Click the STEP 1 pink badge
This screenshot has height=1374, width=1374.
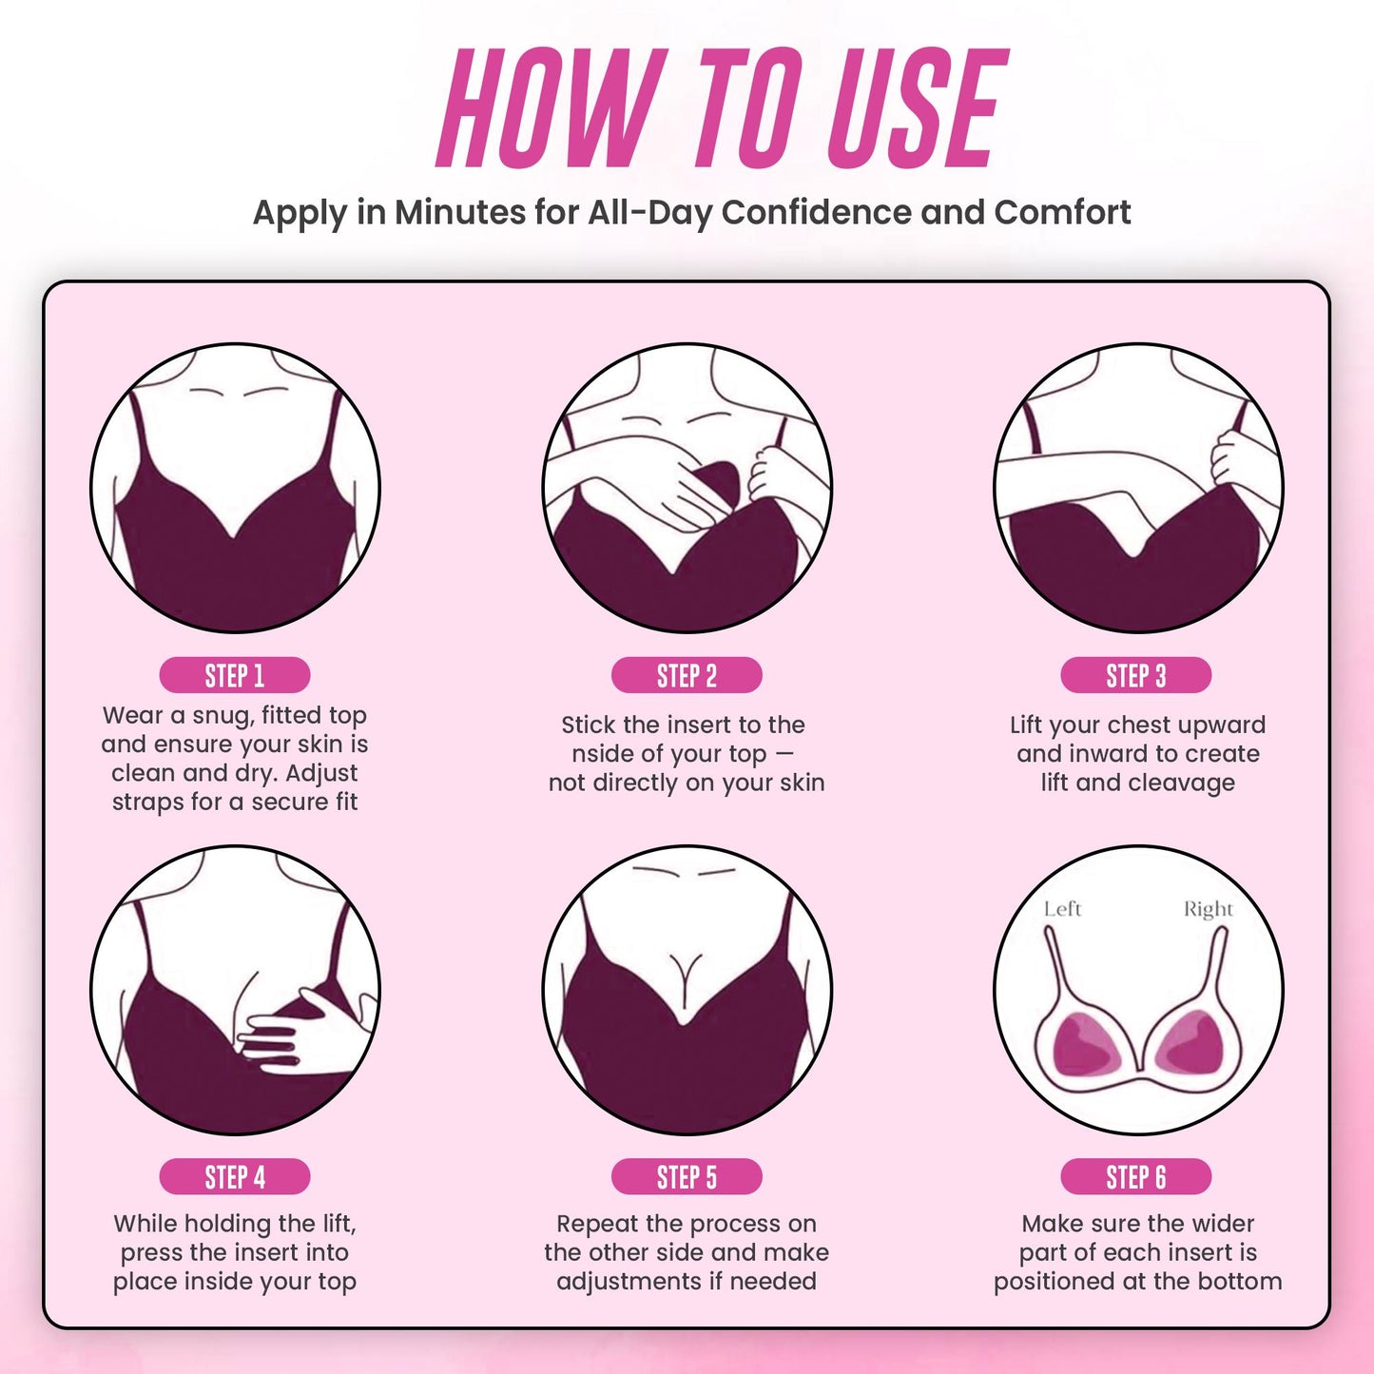(234, 675)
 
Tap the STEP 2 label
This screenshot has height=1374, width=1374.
(687, 675)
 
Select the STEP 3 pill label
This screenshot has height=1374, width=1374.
(1135, 675)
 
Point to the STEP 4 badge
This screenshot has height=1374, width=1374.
(234, 1176)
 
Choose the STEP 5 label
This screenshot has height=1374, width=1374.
(687, 1176)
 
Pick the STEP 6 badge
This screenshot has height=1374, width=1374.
(1135, 1176)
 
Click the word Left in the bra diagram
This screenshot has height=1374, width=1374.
(1062, 909)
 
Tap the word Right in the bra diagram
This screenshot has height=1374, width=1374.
(1208, 909)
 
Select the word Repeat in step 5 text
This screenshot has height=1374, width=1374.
(597, 1224)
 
